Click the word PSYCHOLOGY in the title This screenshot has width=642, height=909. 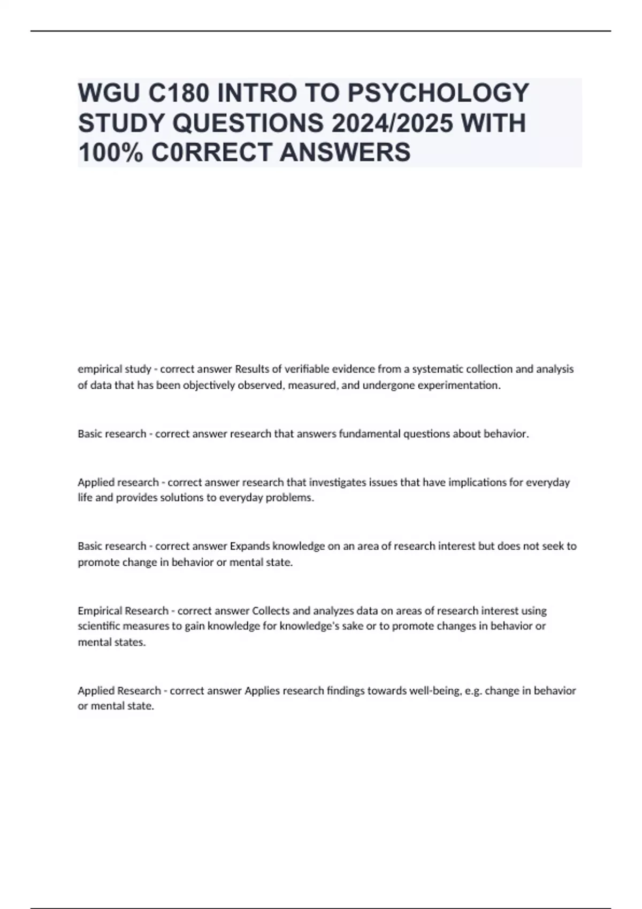[438, 93]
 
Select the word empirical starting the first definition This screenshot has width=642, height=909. [100, 369]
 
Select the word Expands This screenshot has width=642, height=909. [249, 546]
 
